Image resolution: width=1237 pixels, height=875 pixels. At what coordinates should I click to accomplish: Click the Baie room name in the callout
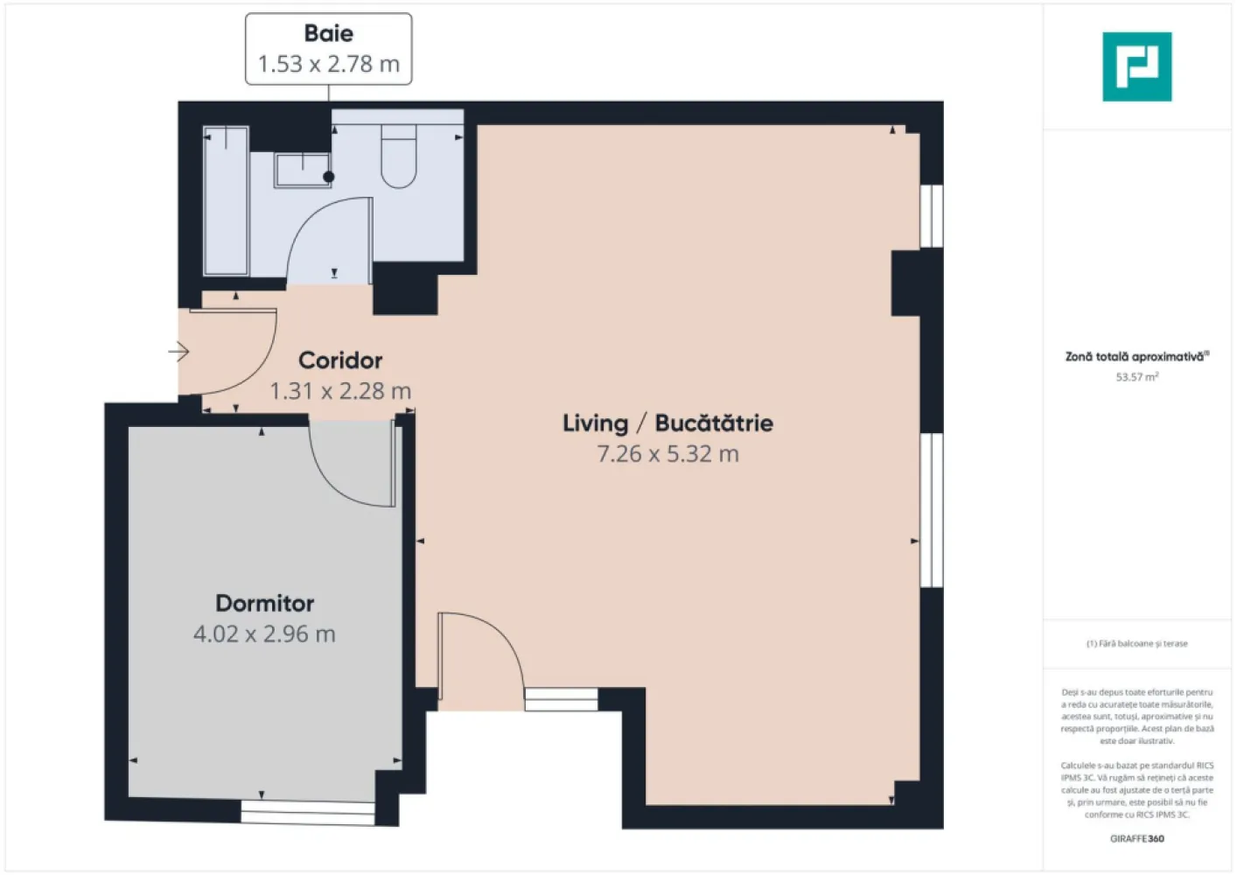[x=328, y=33]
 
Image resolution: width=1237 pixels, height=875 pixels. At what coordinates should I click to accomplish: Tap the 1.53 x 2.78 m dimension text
[x=328, y=64]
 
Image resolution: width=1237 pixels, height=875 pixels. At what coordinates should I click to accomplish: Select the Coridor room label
[x=340, y=360]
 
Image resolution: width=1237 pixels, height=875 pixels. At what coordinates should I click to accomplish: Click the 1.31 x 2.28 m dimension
[x=340, y=391]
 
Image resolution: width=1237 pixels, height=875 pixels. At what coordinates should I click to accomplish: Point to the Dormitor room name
[x=264, y=604]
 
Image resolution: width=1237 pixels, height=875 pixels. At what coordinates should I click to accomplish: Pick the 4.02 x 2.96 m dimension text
[x=264, y=634]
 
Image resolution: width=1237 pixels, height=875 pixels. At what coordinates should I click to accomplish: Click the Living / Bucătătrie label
[x=667, y=423]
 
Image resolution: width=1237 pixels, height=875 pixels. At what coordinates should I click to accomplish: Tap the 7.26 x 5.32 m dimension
[x=667, y=454]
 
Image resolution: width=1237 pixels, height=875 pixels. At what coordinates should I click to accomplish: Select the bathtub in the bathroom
[x=226, y=201]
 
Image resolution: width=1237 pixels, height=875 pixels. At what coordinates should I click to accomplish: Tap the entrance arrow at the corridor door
[x=179, y=352]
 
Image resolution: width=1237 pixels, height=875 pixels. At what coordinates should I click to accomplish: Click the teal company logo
[x=1136, y=66]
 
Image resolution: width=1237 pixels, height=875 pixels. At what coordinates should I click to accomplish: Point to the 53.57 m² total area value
[x=1136, y=377]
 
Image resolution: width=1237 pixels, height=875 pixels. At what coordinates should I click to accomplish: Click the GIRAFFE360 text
[x=1136, y=838]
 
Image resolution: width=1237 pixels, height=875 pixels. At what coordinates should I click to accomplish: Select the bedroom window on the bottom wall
[x=307, y=813]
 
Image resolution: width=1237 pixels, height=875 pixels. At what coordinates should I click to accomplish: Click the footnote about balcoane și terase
[x=1136, y=643]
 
